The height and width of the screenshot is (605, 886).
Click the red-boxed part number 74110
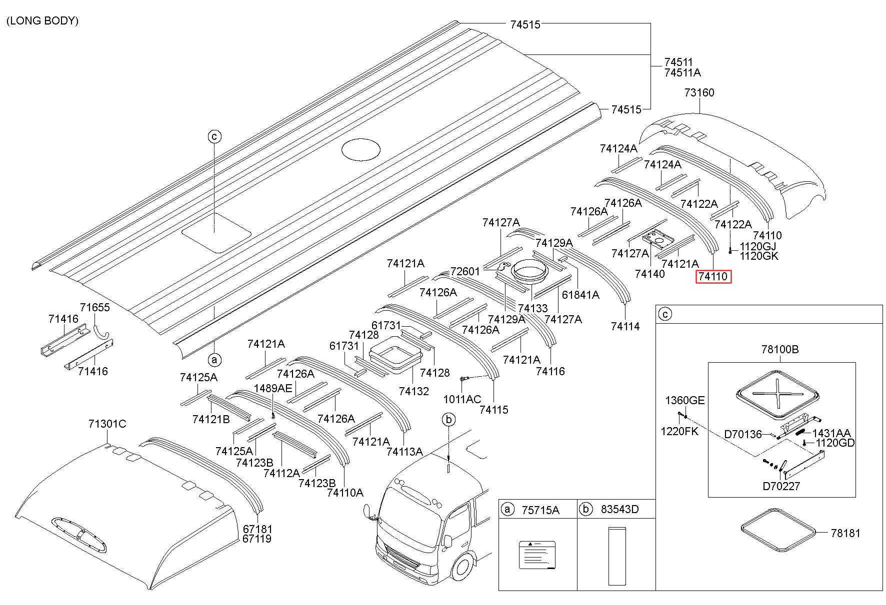coord(713,277)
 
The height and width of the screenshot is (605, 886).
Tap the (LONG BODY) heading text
coord(42,21)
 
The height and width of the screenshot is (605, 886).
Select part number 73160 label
coord(699,92)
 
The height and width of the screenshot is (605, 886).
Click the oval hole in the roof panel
coord(360,149)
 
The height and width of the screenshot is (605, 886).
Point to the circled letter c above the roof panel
coord(214,136)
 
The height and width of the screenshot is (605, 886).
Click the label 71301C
coord(107,424)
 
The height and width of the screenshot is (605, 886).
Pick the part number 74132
coord(414,391)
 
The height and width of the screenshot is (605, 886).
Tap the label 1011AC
coord(462,399)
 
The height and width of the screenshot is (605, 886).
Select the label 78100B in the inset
coord(780,350)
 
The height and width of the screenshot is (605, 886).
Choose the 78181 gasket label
coord(845,533)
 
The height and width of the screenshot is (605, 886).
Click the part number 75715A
coord(540,510)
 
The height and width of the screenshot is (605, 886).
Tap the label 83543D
coord(620,510)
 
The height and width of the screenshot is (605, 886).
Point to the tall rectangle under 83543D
coord(617,556)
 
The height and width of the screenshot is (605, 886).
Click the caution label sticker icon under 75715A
coord(537,555)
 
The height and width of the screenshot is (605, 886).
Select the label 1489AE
coord(273,388)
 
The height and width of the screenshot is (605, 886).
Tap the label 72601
coord(465,272)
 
